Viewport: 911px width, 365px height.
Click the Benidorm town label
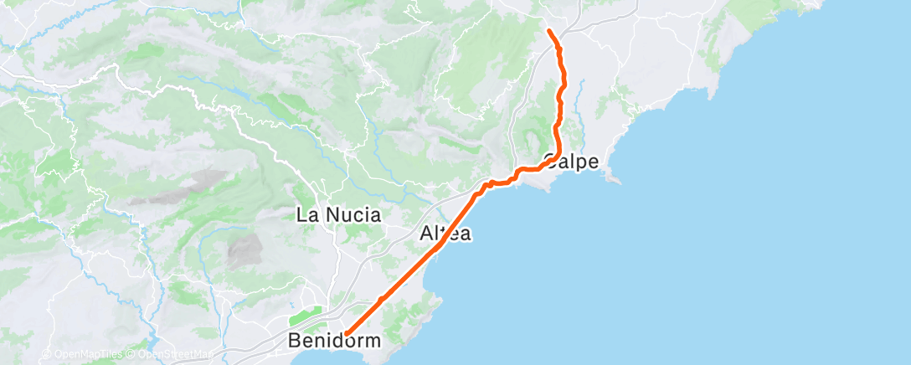click(334, 341)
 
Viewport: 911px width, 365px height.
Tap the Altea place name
click(444, 234)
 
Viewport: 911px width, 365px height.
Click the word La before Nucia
click(307, 215)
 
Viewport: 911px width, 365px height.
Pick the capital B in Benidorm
click(294, 341)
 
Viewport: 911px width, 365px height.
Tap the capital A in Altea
click(425, 234)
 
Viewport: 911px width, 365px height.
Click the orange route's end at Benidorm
click(346, 334)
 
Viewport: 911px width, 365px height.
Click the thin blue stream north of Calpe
click(579, 100)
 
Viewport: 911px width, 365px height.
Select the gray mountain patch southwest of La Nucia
click(243, 249)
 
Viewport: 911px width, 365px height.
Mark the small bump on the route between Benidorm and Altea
click(381, 298)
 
